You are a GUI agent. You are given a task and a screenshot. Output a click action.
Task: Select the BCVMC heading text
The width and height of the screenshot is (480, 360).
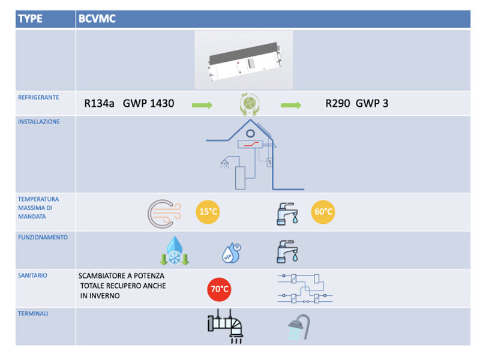[97, 19]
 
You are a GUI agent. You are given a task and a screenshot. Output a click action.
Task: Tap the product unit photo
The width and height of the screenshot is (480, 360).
[244, 60]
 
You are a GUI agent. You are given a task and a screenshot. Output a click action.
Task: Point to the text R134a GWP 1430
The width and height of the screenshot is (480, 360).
[129, 104]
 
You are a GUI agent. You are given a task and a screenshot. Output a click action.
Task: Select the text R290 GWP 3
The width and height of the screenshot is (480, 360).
[356, 104]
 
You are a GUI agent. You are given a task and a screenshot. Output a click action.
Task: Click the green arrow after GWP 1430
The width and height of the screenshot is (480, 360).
[202, 106]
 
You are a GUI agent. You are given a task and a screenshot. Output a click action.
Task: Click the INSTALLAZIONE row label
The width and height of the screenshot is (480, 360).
[39, 121]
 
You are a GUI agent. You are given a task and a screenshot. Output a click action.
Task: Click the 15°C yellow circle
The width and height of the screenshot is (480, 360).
[208, 212]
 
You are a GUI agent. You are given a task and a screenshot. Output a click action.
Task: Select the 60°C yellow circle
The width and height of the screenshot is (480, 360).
[323, 212]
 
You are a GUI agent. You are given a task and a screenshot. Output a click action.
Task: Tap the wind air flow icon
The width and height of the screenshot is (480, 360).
[161, 214]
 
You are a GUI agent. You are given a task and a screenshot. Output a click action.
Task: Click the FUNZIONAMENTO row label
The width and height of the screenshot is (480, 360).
[42, 237]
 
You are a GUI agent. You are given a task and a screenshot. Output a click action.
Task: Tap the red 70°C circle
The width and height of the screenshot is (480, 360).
[219, 289]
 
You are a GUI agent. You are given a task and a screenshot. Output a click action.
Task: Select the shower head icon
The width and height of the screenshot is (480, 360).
[298, 328]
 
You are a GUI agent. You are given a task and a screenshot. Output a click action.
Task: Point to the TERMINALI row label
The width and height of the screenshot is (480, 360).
[34, 314]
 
